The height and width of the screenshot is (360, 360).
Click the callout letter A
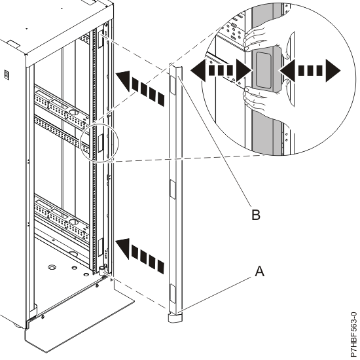260,271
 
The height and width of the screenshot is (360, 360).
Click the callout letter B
256,215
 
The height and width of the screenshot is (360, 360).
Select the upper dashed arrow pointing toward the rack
141,88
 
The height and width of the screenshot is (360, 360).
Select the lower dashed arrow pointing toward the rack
141,255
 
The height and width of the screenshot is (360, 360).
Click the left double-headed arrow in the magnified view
221,70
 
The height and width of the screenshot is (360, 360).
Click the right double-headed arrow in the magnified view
309,70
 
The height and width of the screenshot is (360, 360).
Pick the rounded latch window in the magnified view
263,70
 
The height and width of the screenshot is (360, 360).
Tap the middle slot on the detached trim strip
172,189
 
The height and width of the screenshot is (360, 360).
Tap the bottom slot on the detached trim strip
172,293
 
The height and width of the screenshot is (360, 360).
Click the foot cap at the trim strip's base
175,319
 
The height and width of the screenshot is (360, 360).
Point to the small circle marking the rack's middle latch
100,143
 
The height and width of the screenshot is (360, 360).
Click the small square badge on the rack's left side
7,75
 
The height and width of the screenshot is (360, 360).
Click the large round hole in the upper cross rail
73,113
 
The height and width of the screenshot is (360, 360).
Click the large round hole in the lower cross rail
73,222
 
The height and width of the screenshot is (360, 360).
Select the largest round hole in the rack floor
52,267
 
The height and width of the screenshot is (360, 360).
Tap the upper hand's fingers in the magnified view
254,38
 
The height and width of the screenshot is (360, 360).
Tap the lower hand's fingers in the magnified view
254,98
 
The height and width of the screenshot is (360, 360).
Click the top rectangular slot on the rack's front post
101,39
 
